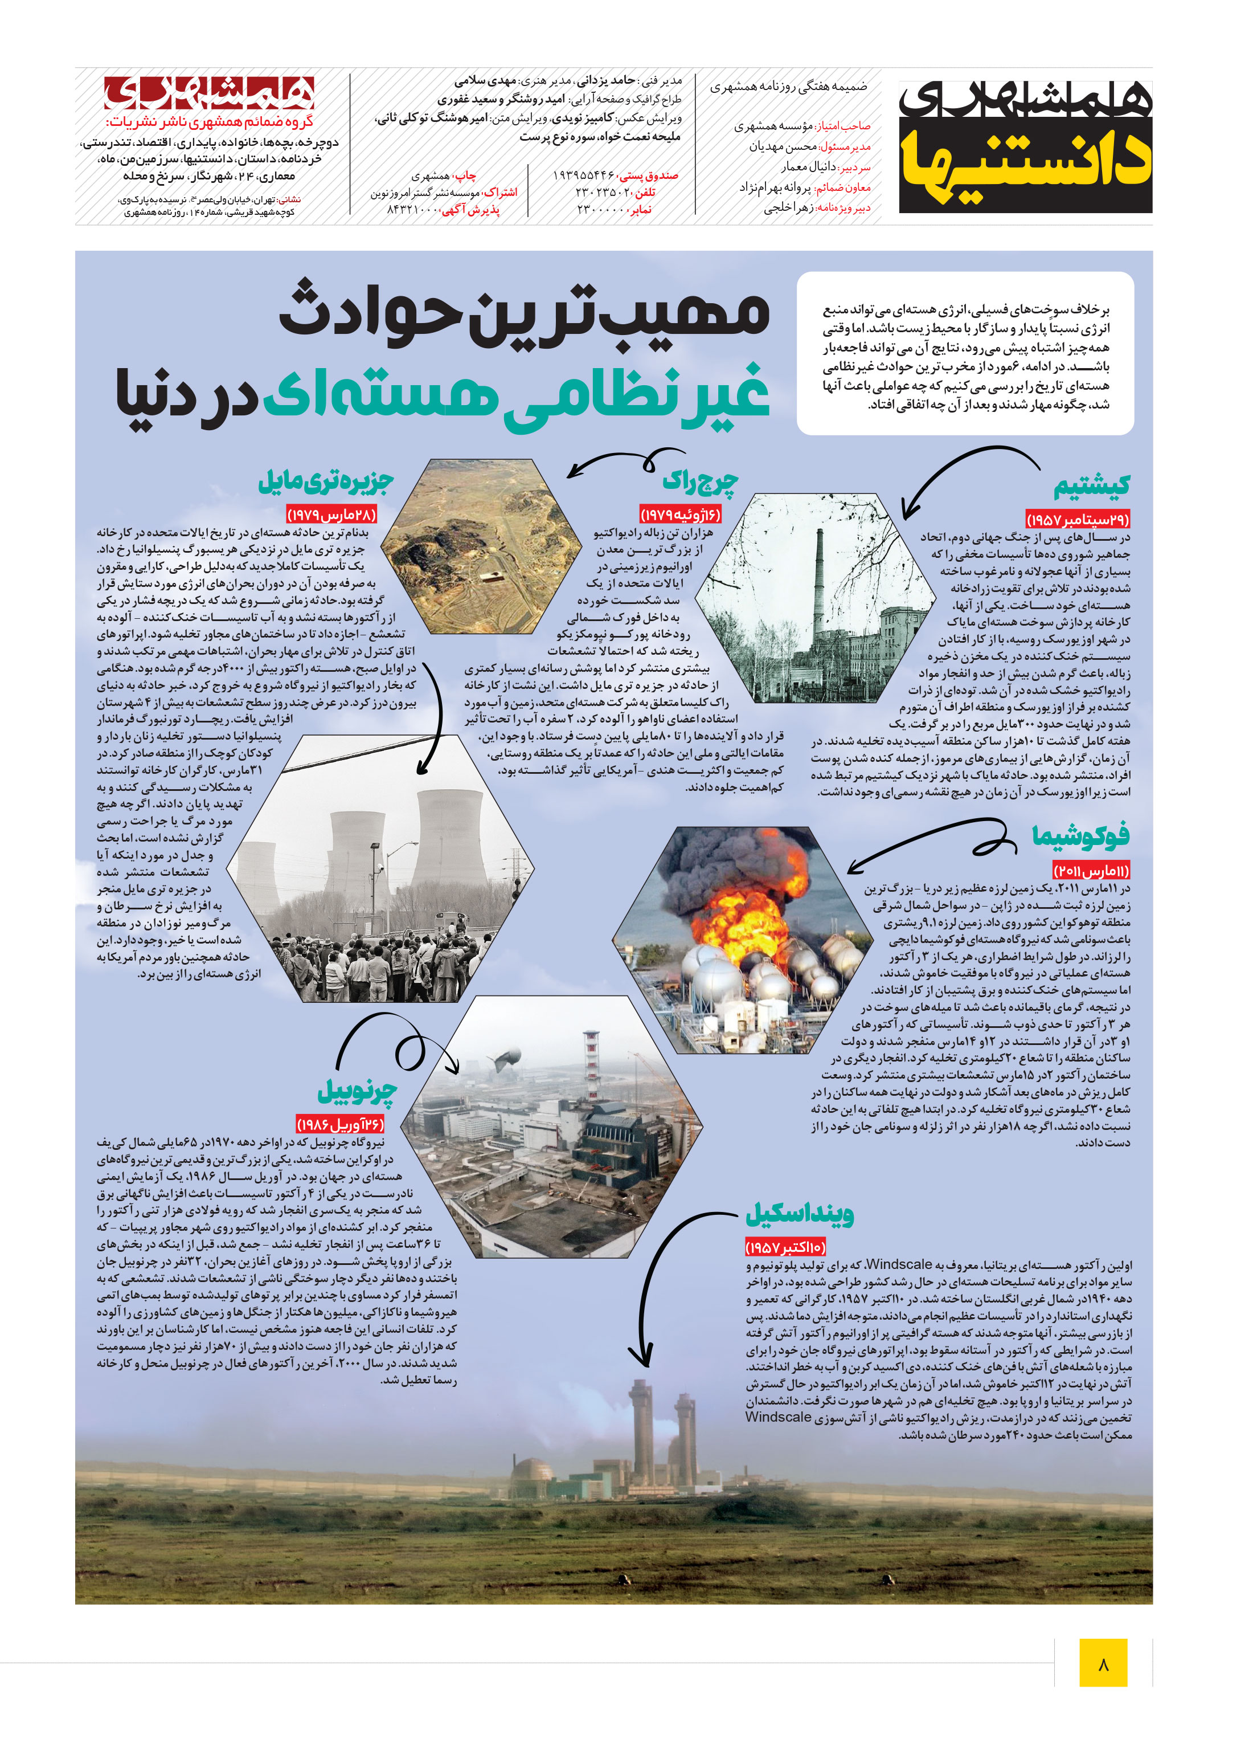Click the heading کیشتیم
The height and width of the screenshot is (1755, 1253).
point(1092,486)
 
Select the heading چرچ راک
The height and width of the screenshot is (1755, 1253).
point(701,483)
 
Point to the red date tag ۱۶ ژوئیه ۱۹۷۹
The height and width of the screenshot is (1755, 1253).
point(681,514)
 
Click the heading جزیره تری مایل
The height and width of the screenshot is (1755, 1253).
point(326,481)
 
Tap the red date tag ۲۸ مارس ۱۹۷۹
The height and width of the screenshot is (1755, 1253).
point(332,514)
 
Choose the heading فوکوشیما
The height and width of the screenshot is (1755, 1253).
point(1080,835)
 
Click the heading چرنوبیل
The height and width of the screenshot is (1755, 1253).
point(357,1091)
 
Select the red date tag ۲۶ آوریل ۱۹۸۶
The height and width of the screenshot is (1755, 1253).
point(340,1124)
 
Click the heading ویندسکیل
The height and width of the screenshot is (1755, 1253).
point(799,1214)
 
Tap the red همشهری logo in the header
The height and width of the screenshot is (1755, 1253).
point(209,93)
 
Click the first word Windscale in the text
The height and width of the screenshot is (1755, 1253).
point(899,1264)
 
